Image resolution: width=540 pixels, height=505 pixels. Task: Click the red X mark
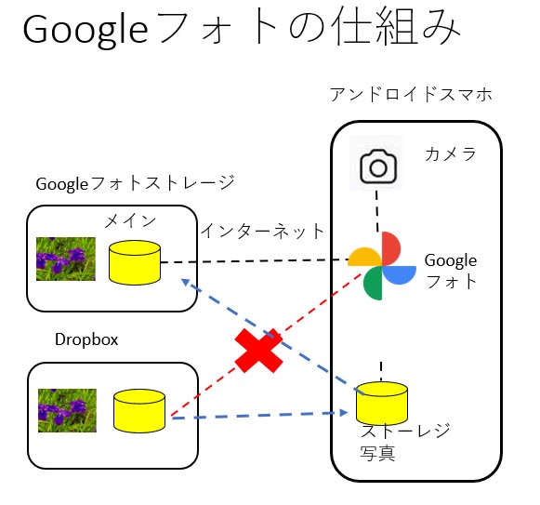pos(258,350)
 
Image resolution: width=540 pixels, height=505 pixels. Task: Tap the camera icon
pos(377,166)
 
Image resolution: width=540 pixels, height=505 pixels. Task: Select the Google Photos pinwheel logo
pos(382,266)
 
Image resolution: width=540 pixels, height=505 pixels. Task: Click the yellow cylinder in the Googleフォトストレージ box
pos(134,262)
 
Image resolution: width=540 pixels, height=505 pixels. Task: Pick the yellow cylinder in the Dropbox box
pos(138,410)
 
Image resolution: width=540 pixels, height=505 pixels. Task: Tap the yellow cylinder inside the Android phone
pos(382,402)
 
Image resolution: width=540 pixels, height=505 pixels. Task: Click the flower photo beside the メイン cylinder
pos(66,259)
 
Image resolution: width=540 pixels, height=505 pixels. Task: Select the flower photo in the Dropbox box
pos(67,410)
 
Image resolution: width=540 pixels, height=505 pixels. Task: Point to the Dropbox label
pos(86,339)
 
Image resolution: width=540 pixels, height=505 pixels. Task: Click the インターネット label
pos(263,231)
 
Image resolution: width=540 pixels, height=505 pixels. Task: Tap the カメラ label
pos(451,153)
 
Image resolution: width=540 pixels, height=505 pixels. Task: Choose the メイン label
pos(129,220)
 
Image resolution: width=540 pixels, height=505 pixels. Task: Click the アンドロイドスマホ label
pos(411,95)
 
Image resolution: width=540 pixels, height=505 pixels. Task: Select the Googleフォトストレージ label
pos(134,183)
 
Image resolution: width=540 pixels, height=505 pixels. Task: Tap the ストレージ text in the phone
pos(405,432)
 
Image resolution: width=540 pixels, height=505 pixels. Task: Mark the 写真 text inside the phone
pos(377,454)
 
